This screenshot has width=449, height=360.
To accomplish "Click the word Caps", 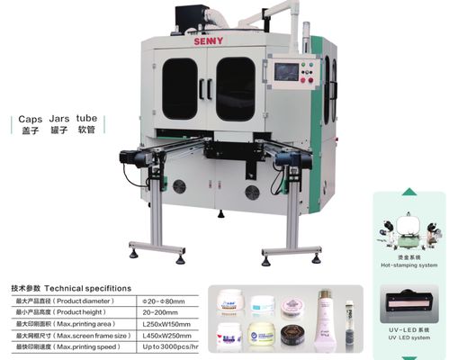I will (x=31, y=118).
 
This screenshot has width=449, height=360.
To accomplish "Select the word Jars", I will (x=62, y=118).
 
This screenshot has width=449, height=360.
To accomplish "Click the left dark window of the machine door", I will (x=179, y=88).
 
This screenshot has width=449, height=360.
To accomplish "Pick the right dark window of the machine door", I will (x=235, y=88).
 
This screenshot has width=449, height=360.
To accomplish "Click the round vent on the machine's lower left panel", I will (x=179, y=186).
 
